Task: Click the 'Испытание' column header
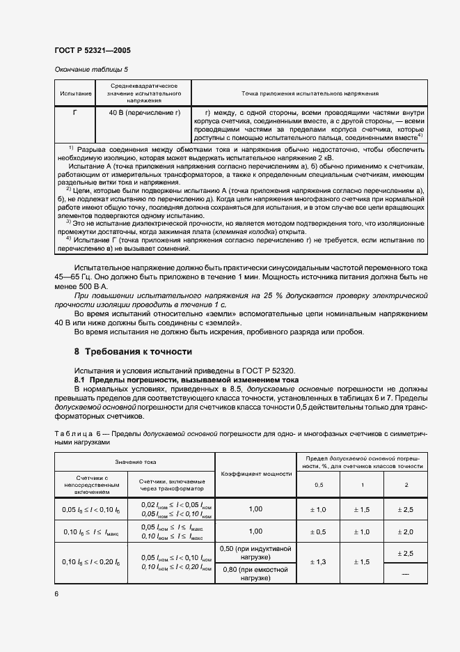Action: [75, 93]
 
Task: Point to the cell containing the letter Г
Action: [75, 113]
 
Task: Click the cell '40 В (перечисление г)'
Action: [144, 113]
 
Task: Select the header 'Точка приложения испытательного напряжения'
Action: [310, 93]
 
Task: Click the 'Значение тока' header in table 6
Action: [135, 462]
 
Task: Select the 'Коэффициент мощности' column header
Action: [255, 473]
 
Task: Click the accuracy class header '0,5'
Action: [319, 484]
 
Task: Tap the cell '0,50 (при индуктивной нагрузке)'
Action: [255, 553]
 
